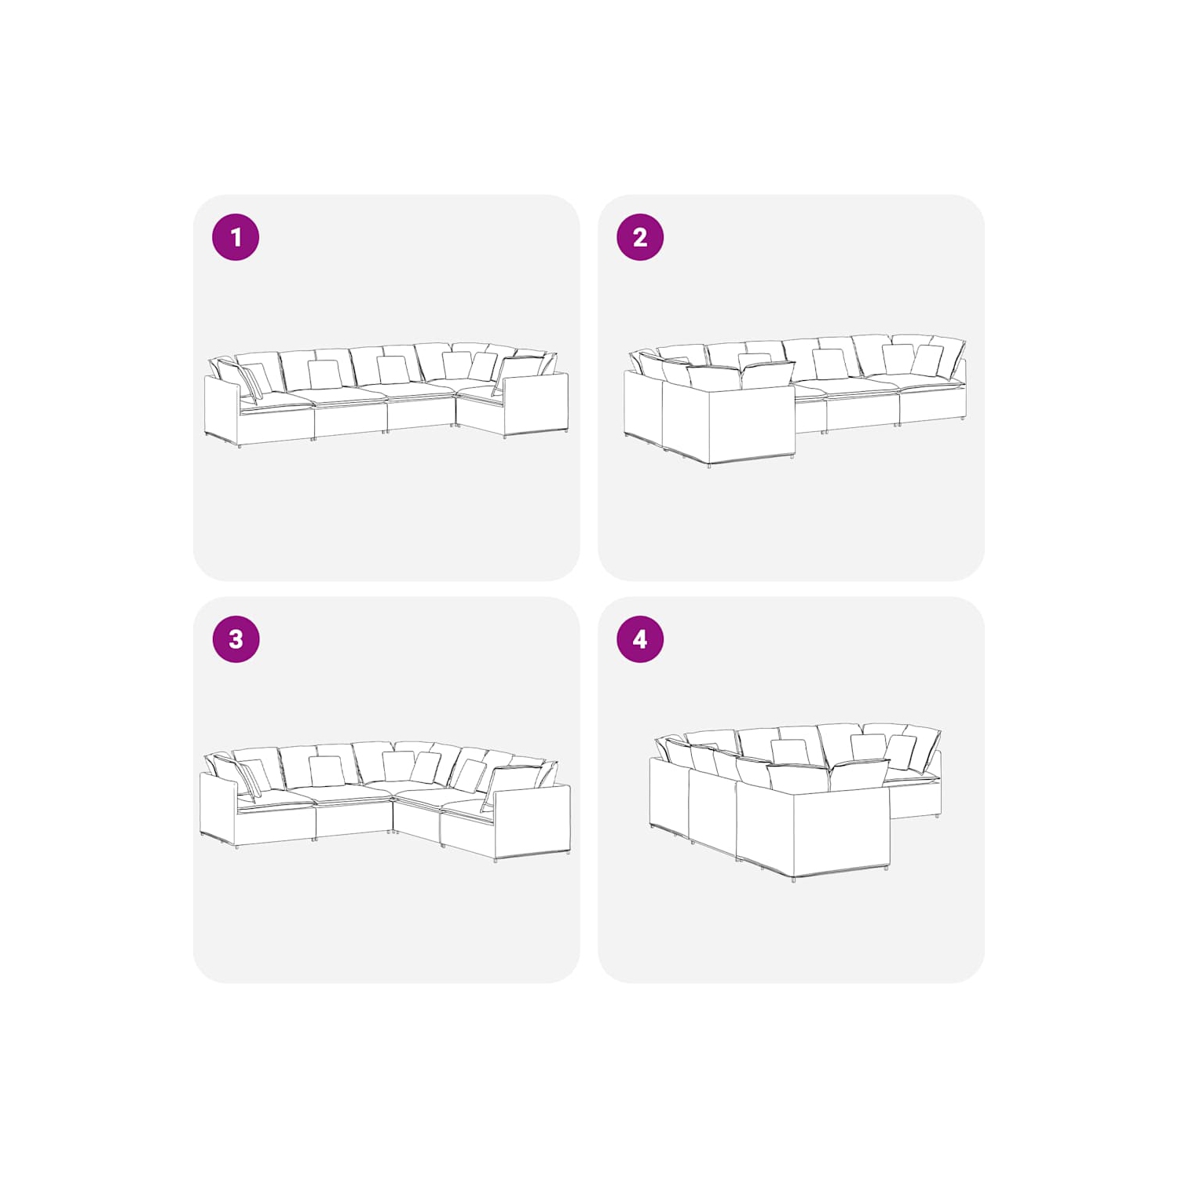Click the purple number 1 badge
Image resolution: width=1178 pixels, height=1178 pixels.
pyautogui.click(x=236, y=237)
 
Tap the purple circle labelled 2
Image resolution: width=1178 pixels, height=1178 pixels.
pyautogui.click(x=640, y=237)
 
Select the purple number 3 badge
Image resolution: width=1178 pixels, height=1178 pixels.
pyautogui.click(x=236, y=639)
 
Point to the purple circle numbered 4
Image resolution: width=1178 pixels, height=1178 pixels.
pyautogui.click(x=640, y=639)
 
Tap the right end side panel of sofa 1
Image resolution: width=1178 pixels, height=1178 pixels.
pyautogui.click(x=536, y=404)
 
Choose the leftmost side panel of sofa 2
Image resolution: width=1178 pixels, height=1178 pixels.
pyautogui.click(x=643, y=405)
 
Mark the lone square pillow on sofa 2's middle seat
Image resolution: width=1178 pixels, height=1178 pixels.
pyautogui.click(x=830, y=364)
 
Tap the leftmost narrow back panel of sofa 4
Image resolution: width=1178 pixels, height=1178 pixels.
pyautogui.click(x=669, y=795)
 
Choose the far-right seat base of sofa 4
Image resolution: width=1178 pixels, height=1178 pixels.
pyautogui.click(x=915, y=799)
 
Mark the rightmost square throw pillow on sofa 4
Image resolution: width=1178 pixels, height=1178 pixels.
pyautogui.click(x=901, y=752)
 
